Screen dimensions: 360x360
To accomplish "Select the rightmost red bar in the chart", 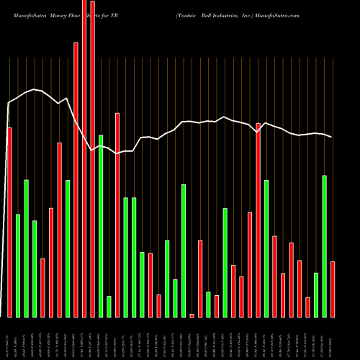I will coord(333,289).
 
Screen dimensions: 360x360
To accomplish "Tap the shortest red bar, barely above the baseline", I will coord(192,315).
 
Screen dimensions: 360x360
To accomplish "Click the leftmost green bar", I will coord(18,266).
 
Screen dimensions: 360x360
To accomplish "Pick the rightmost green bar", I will coord(324,246).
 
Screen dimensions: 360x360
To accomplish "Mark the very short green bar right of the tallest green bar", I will coord(109,306).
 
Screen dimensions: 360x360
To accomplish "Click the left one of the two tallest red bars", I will coord(84,158).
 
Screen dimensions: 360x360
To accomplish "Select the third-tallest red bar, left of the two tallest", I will coord(76,179).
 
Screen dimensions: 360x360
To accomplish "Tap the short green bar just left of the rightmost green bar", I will coord(316,294).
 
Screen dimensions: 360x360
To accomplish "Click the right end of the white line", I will coord(332,137).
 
